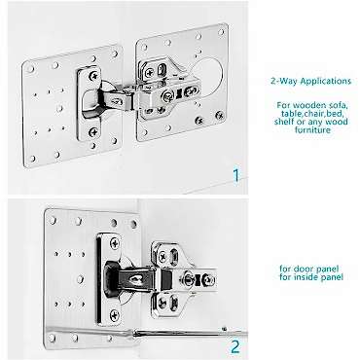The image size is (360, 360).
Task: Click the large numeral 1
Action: [236, 175]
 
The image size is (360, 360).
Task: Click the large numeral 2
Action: [235, 347]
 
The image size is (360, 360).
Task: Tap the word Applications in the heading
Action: [326, 81]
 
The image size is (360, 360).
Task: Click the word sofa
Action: [339, 105]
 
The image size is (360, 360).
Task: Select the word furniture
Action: [312, 130]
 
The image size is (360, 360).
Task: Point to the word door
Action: [303, 269]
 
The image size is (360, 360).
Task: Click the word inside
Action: [306, 277]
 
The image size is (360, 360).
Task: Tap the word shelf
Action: [283, 122]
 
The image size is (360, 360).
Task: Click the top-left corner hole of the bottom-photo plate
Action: [53, 220]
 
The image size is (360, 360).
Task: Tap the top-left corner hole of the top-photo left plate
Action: [30, 69]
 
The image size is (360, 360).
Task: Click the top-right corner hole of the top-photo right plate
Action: [221, 32]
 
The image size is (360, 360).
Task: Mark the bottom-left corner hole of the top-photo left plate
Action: [32, 159]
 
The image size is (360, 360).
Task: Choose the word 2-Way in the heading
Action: [284, 81]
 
